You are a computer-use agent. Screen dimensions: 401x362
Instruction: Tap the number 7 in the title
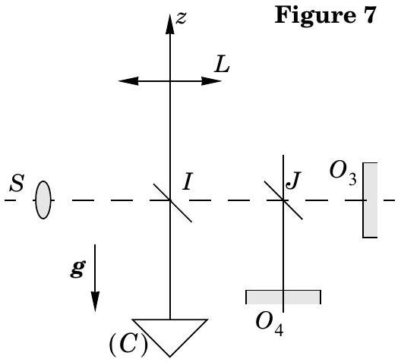pyautogui.click(x=368, y=15)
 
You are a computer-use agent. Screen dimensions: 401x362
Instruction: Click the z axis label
pyautogui.click(x=182, y=18)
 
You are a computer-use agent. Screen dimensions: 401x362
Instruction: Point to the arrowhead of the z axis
pyautogui.click(x=170, y=24)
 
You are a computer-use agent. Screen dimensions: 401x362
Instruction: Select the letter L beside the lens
pyautogui.click(x=222, y=65)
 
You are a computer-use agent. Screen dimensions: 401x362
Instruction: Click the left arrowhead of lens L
pyautogui.click(x=128, y=81)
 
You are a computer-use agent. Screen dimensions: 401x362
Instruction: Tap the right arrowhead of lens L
pyautogui.click(x=211, y=81)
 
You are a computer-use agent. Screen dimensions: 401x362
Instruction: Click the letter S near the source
pyautogui.click(x=17, y=183)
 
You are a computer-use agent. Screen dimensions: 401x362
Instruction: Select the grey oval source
pyautogui.click(x=43, y=200)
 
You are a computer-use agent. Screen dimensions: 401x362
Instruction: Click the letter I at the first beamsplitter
pyautogui.click(x=188, y=181)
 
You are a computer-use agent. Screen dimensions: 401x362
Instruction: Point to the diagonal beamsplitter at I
pyautogui.click(x=172, y=203)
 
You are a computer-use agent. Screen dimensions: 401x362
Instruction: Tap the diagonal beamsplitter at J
pyautogui.click(x=283, y=200)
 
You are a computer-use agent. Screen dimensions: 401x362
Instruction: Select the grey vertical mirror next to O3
pyautogui.click(x=371, y=200)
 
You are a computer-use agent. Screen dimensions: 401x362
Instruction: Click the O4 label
pyautogui.click(x=270, y=323)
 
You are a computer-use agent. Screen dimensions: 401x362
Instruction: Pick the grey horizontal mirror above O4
pyautogui.click(x=283, y=297)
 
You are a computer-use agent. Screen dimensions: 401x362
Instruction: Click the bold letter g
pyautogui.click(x=77, y=269)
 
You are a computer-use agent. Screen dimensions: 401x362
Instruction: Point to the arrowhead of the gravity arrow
pyautogui.click(x=95, y=302)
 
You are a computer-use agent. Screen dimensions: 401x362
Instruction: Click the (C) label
pyautogui.click(x=128, y=344)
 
